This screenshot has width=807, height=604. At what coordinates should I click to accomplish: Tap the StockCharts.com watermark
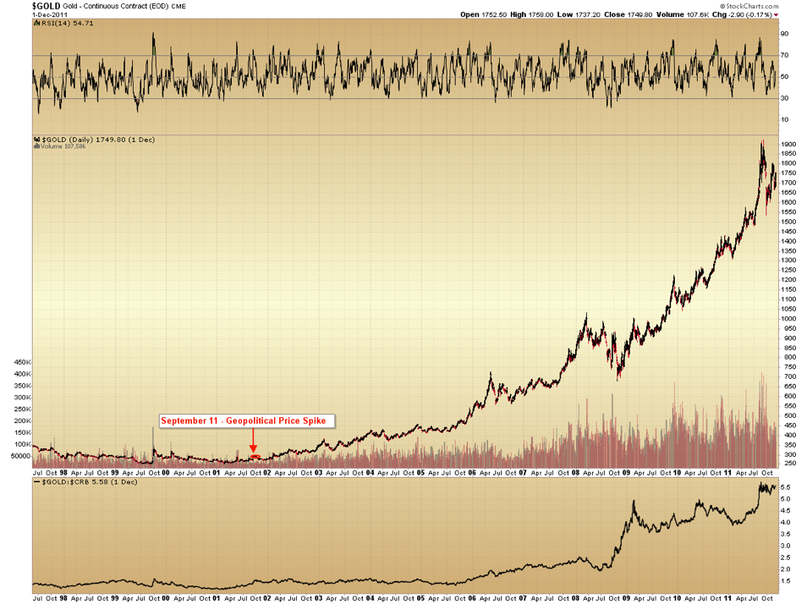click(773, 5)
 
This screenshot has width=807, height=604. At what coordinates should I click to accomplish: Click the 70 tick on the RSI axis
click(783, 56)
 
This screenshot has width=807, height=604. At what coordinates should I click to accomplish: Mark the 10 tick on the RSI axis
click(783, 120)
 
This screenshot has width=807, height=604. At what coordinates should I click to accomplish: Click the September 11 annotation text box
click(247, 420)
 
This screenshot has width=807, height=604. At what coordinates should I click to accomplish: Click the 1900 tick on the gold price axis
click(788, 144)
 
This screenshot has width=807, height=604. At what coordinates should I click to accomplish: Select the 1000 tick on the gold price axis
click(788, 318)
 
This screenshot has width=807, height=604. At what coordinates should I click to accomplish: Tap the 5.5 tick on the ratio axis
click(785, 487)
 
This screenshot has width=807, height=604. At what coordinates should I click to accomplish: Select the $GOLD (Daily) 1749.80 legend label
click(79, 139)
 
